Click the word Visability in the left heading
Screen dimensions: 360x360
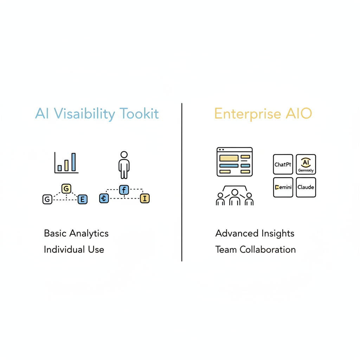(x=83, y=114)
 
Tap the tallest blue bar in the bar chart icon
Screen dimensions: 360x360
(x=73, y=162)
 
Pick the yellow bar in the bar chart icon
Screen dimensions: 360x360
(x=66, y=165)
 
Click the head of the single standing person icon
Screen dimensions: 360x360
(x=124, y=155)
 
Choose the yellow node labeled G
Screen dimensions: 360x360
(x=66, y=188)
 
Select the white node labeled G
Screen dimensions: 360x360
(x=47, y=199)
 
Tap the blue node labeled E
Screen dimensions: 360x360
(x=82, y=199)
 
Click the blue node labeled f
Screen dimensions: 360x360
(x=124, y=190)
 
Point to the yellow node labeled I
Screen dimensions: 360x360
(x=145, y=199)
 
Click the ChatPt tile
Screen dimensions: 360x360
(x=283, y=164)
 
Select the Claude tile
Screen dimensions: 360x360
(x=306, y=187)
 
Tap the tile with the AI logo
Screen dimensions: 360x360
(x=306, y=164)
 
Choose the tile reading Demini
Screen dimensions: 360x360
(x=283, y=187)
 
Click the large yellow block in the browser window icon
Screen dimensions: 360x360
(x=229, y=158)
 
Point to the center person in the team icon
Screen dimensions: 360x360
(x=234, y=198)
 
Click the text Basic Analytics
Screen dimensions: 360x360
(x=76, y=233)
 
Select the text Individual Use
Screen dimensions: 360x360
(x=74, y=250)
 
